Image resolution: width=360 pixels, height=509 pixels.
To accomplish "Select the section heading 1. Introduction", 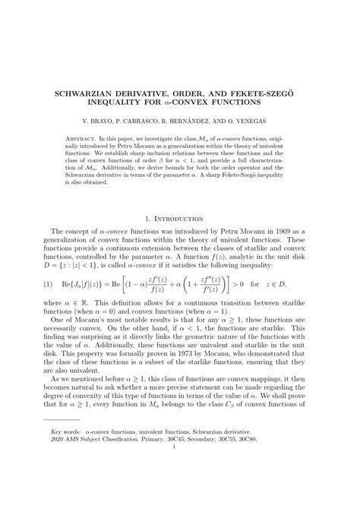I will click(x=180, y=219).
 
